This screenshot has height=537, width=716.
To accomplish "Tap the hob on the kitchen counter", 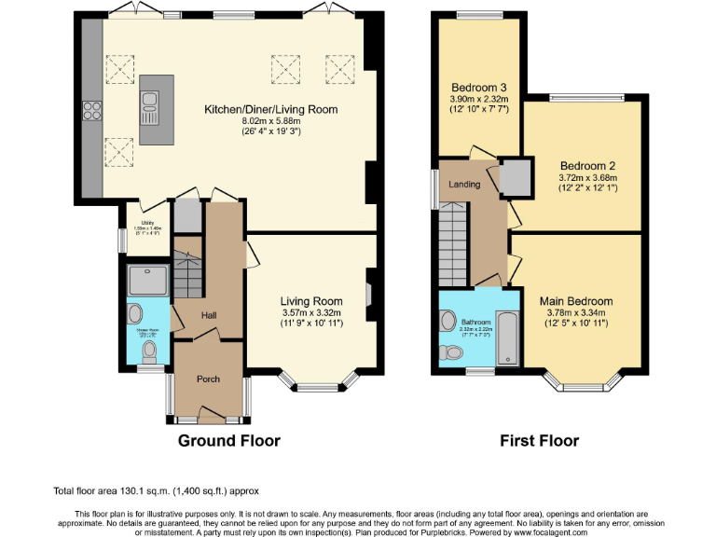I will [x=92, y=110].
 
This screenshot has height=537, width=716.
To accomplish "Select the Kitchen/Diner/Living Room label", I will [x=270, y=109].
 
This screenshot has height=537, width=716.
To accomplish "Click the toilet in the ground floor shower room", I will [x=148, y=351].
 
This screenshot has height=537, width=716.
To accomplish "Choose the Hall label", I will [x=209, y=316].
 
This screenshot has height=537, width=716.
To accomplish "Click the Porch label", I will [x=208, y=379].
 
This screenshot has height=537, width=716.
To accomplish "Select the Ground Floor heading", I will [x=228, y=440].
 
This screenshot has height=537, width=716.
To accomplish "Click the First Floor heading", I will [x=538, y=440].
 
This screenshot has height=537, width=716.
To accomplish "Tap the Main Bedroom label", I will [x=575, y=301].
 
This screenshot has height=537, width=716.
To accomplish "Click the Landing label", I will [x=464, y=184].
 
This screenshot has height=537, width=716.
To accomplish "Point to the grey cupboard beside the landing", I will [x=514, y=175].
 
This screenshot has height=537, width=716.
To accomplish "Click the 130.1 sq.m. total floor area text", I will [x=156, y=489].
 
